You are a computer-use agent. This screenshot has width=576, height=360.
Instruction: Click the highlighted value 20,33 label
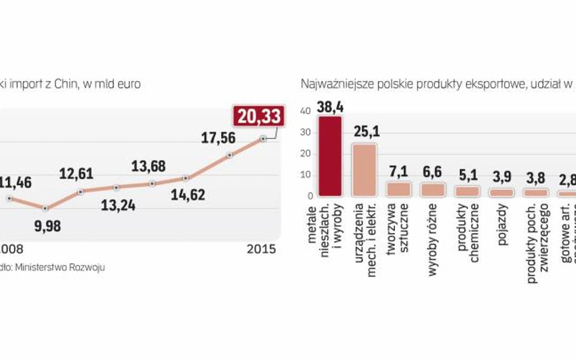[259, 115]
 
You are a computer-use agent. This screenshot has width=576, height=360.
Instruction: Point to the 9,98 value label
[44, 226]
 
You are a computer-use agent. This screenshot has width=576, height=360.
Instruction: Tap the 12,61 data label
[77, 174]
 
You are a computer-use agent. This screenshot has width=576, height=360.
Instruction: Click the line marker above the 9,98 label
[44, 208]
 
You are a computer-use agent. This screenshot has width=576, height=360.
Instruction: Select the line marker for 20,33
[263, 138]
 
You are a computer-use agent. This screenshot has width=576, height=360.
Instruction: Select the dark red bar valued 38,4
[331, 156]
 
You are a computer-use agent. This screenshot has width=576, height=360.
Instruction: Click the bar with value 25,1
[365, 170]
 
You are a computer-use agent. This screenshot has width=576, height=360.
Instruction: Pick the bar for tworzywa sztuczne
[399, 189]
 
